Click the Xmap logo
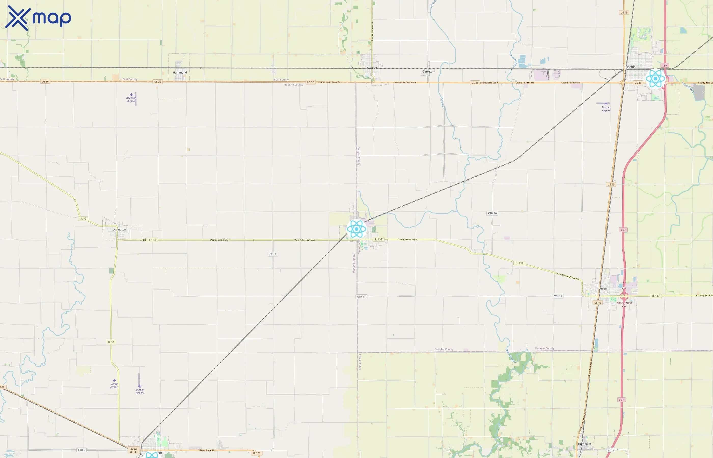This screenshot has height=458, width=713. tap(38, 18)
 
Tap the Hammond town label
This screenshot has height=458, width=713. tap(180, 73)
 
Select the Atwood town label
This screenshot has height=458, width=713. tap(372, 68)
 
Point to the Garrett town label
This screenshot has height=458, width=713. tap(427, 72)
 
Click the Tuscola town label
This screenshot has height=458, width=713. tap(630, 67)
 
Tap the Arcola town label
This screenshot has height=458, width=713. tap(603, 289)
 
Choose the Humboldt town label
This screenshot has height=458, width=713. tap(584, 444)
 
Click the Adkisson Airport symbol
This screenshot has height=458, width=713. tap(131, 95)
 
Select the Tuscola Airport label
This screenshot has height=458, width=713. tap(606, 109)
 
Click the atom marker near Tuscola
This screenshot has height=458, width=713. tap(655, 79)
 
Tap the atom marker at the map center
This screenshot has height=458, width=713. tap(356, 229)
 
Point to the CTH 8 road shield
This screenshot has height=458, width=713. tap(273, 254)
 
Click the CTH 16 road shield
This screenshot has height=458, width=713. tap(492, 213)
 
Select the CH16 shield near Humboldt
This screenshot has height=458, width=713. tap(611, 450)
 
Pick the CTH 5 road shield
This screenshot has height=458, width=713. tap(81, 450)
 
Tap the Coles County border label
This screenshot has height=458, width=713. tap(360, 362)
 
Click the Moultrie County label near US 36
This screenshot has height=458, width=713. tap(293, 85)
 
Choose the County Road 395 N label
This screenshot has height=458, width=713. tap(408, 239)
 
